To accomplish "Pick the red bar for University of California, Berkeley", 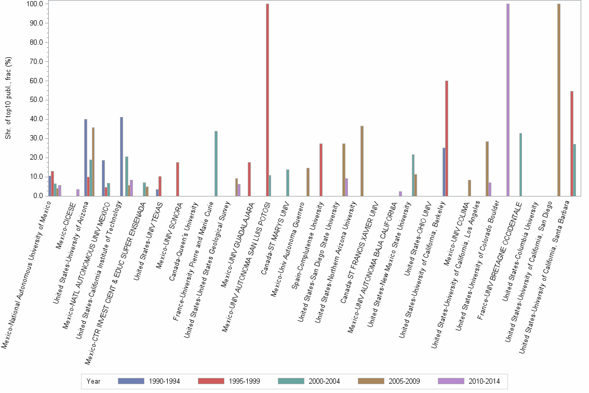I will [446, 138].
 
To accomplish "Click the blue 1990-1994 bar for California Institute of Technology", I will [122, 156].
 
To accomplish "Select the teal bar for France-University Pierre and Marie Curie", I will [216, 163].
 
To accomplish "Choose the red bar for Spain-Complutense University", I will [321, 169].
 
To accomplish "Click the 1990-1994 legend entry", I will [150, 382].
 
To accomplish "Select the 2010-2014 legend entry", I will [470, 382].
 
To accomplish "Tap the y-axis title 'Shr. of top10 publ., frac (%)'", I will [8, 99].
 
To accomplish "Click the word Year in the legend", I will [93, 382].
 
